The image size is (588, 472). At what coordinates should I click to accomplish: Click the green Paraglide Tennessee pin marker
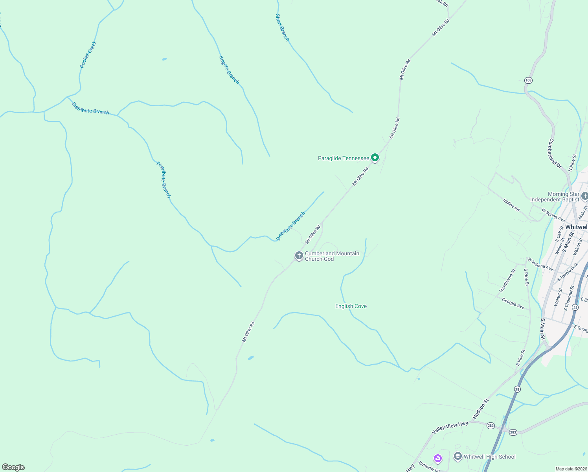[375, 158]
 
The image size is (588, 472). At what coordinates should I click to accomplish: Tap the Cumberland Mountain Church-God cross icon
[299, 256]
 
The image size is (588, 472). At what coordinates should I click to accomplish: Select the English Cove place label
[351, 306]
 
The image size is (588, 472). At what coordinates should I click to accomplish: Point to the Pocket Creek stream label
[88, 55]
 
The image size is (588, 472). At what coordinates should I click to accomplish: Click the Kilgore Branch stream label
[229, 70]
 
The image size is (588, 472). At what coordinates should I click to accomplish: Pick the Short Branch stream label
[282, 28]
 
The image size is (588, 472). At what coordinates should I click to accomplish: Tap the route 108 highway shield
[528, 80]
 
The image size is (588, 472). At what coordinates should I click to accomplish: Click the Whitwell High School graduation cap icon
[458, 456]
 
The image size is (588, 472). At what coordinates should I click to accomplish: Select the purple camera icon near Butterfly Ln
[438, 458]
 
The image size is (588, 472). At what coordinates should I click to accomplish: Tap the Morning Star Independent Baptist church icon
[584, 196]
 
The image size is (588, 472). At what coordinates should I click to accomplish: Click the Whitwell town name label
[577, 227]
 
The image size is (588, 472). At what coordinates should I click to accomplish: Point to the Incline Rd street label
[511, 205]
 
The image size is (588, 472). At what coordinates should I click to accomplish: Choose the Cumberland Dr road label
[555, 153]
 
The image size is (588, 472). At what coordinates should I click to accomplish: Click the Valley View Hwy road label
[450, 428]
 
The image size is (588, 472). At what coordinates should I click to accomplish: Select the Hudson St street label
[481, 408]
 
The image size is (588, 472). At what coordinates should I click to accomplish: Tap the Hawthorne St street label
[507, 280]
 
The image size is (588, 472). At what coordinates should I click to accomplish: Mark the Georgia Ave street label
[513, 303]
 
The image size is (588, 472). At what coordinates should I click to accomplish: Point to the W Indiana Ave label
[540, 265]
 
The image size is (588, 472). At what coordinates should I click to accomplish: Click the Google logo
[13, 467]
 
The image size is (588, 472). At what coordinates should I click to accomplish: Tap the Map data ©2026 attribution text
[571, 469]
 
